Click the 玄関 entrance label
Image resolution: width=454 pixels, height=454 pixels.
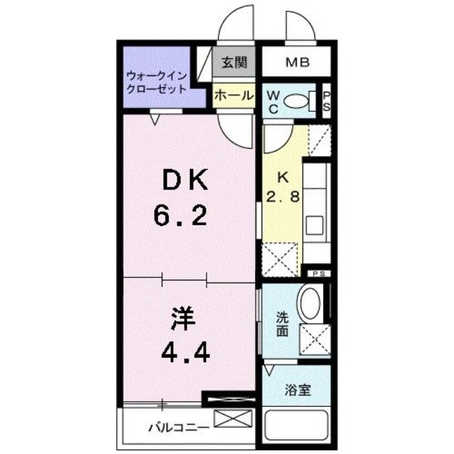click(234, 62)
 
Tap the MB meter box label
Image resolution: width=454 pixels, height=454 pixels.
click(297, 62)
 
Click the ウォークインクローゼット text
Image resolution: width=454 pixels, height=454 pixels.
click(157, 82)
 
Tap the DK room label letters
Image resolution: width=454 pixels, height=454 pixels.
click(186, 180)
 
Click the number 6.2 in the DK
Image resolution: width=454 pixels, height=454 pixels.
click(180, 215)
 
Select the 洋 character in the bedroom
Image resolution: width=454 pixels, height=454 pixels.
click(183, 319)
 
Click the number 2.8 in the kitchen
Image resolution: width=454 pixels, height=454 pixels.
click(283, 197)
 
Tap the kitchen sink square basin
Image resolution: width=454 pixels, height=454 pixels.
click(314, 225)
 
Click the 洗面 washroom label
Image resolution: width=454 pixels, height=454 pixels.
click(282, 324)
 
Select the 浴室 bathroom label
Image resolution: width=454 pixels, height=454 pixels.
click(297, 390)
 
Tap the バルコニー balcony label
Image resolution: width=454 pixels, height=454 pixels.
click(179, 428)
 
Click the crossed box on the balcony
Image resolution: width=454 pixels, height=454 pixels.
click(233, 418)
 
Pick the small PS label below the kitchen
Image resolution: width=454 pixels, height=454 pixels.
click(319, 274)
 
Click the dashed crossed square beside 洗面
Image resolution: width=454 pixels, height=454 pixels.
click(315, 339)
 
